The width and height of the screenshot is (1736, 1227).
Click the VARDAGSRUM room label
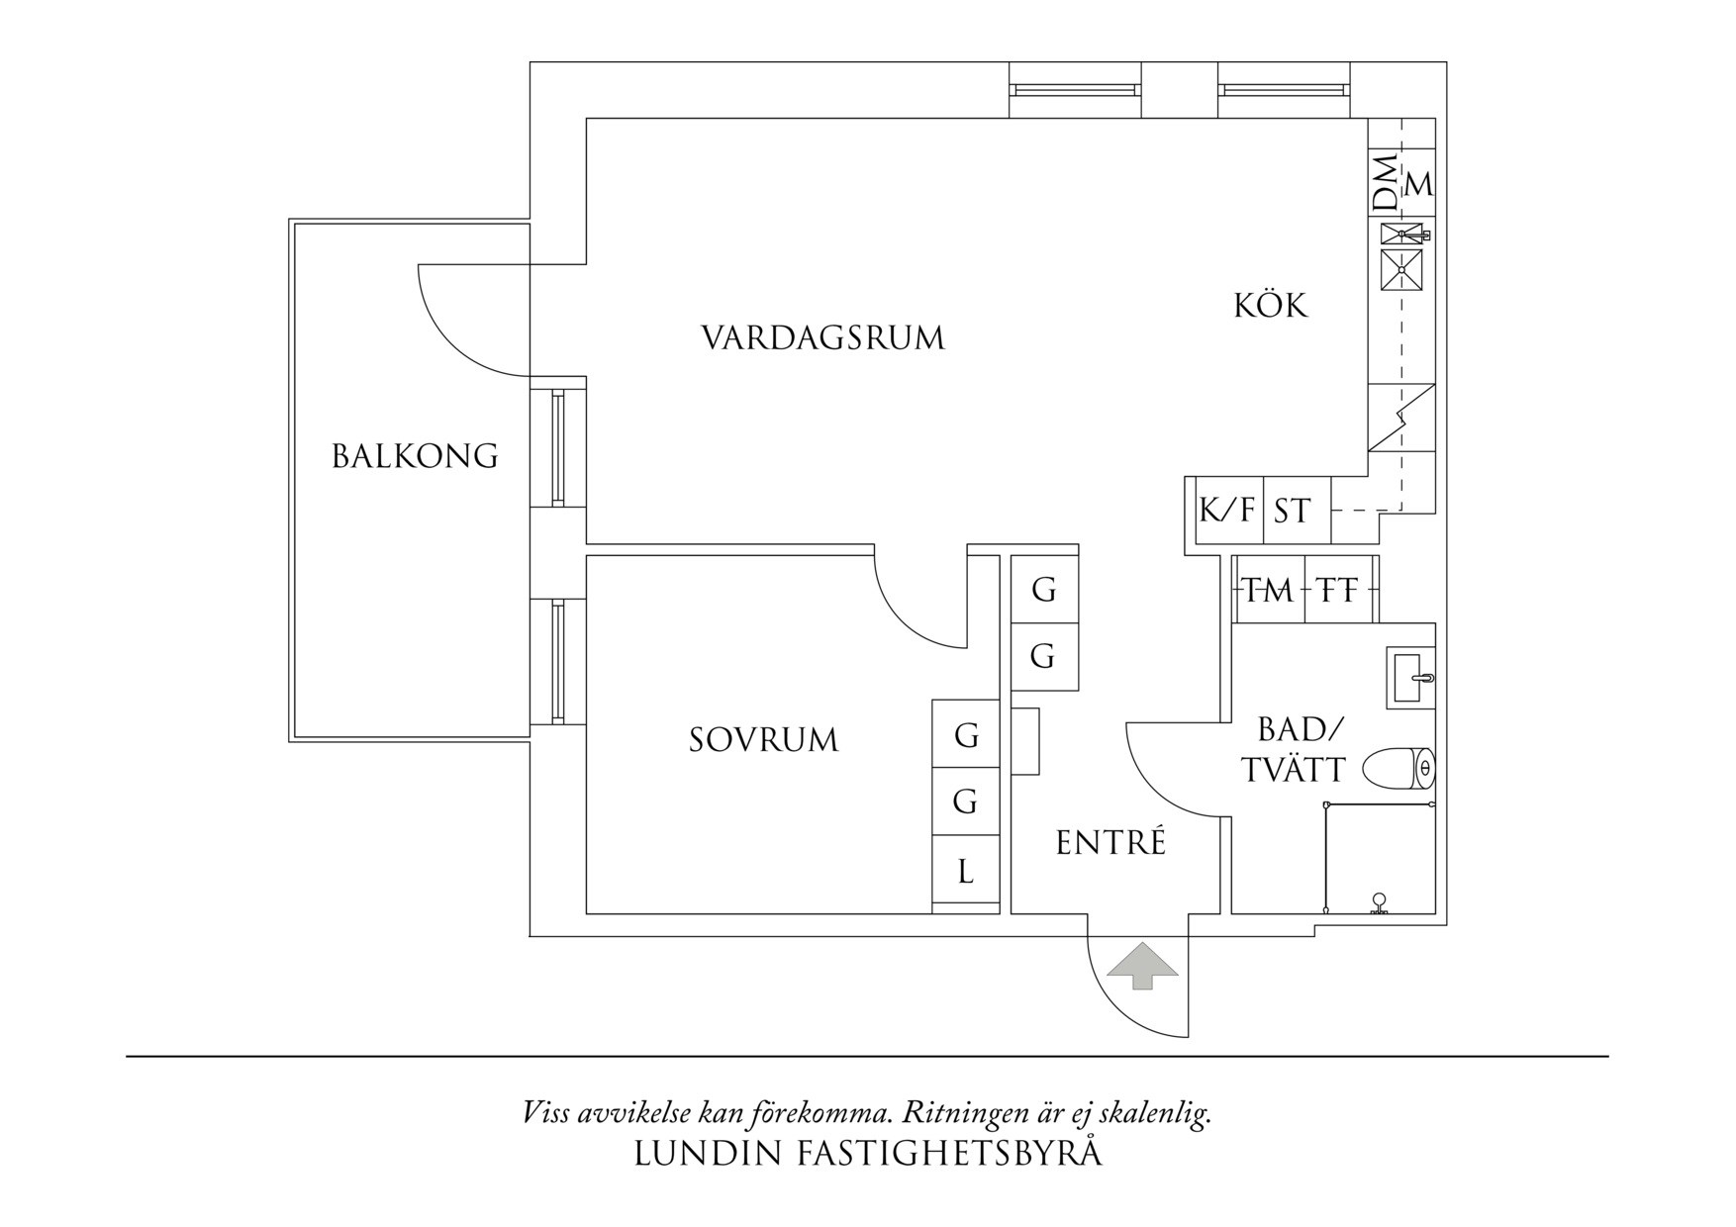822,338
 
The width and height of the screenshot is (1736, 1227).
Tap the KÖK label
1270,305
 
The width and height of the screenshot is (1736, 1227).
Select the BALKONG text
414,456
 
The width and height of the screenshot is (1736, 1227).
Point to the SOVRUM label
763,740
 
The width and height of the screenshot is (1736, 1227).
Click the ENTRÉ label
1110,843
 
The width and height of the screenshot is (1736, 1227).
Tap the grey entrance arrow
1142,965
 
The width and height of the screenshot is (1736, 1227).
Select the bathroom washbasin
1409,677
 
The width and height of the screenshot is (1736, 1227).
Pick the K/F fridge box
1228,511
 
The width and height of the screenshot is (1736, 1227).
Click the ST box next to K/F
1293,512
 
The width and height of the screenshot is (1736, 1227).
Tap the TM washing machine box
1268,591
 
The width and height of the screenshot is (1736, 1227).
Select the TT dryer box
1338,591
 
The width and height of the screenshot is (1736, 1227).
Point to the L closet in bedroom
965,872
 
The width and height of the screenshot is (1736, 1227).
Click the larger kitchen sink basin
1401,270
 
